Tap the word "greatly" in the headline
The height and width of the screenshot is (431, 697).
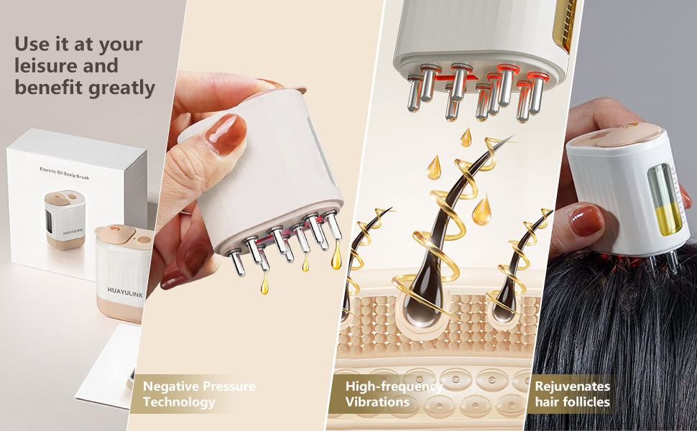pyautogui.click(x=122, y=88)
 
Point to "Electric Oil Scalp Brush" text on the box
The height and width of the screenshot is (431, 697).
pyautogui.click(x=65, y=173)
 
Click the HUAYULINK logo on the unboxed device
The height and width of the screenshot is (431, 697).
pyautogui.click(x=125, y=292)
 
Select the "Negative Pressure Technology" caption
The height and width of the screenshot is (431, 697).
pyautogui.click(x=199, y=394)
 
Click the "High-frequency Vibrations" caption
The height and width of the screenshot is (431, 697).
pyautogui.click(x=394, y=394)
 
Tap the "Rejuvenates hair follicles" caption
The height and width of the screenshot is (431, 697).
pyautogui.click(x=573, y=394)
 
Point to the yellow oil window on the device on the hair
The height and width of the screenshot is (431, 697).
pyautogui.click(x=664, y=200)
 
